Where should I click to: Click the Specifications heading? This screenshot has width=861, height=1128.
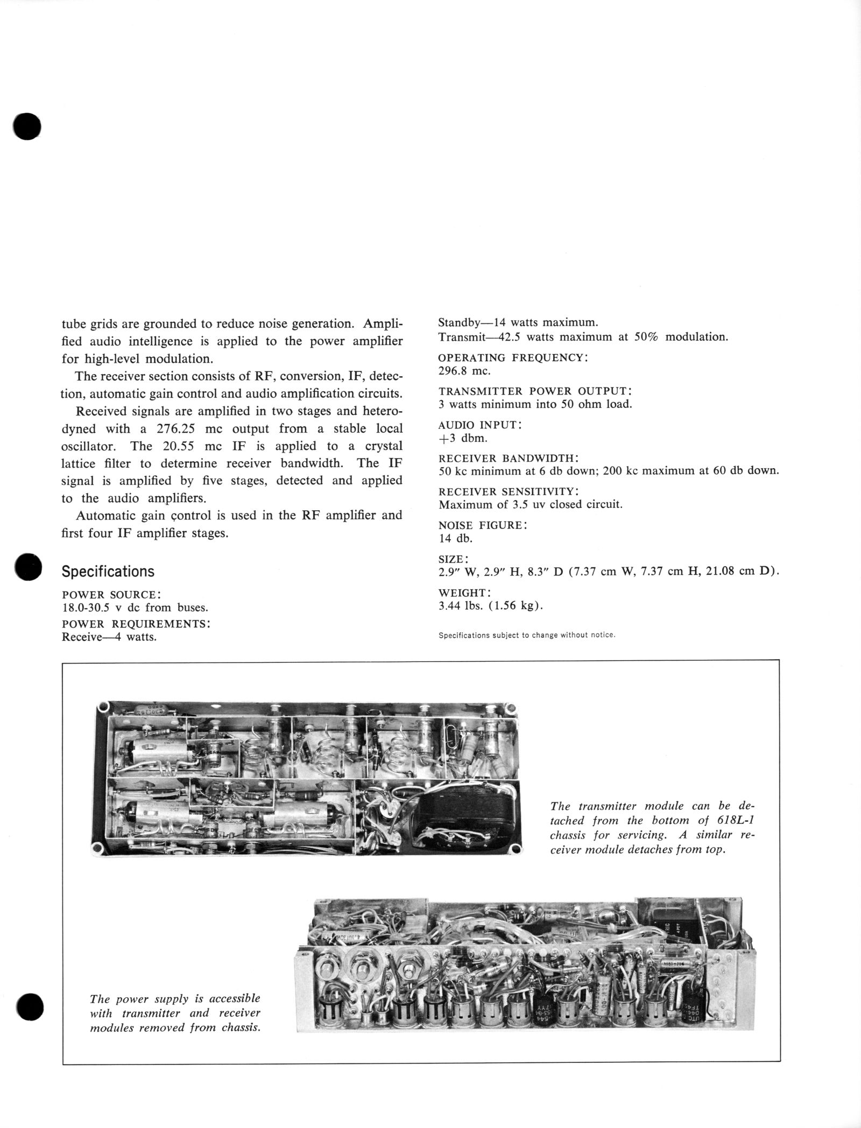tap(108, 572)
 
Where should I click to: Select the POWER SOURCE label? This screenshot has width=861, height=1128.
tap(111, 595)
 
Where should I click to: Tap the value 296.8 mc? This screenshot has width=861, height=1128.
tap(464, 371)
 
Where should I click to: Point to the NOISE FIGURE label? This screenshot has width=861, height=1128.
tap(483, 526)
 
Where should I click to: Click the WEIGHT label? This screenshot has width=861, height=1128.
tap(464, 593)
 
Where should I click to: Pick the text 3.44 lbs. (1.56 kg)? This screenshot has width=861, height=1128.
tap(491, 605)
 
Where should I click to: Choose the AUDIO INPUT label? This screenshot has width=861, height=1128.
tap(480, 425)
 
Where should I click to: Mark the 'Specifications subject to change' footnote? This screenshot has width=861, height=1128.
tap(526, 635)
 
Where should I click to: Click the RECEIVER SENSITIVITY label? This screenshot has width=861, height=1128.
tap(509, 492)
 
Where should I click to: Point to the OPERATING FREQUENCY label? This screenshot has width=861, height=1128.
tap(513, 358)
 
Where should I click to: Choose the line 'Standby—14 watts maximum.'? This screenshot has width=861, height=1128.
tap(518, 323)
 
